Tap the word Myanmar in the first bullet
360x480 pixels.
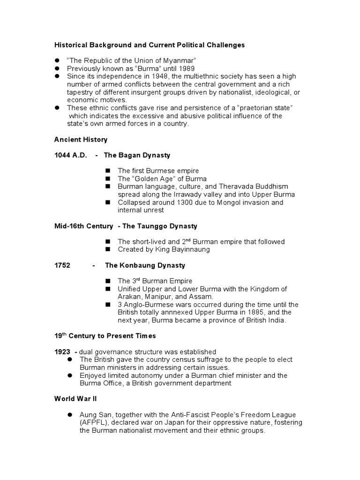pos(174,61)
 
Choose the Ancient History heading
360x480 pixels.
pos(81,140)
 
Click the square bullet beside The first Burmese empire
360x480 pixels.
pos(107,171)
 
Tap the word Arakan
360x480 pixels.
pos(130,297)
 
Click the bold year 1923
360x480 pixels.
pos(62,352)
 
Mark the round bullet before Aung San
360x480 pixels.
pos(69,415)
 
